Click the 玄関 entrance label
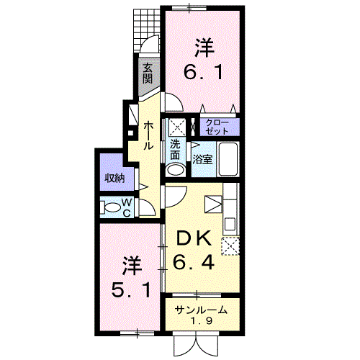pos(148,74)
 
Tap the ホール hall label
pos(148,136)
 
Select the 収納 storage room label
pos(115,178)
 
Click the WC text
pos(127,207)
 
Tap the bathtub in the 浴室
pos(228,159)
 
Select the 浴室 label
pos(202,159)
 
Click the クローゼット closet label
pos(217,127)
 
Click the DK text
pos(194,238)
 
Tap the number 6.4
pos(194,262)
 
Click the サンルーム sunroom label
pos(201,310)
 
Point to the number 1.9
pos(201,320)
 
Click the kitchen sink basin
pos(230,224)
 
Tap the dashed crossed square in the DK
pos(230,246)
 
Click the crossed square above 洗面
pos(177,127)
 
